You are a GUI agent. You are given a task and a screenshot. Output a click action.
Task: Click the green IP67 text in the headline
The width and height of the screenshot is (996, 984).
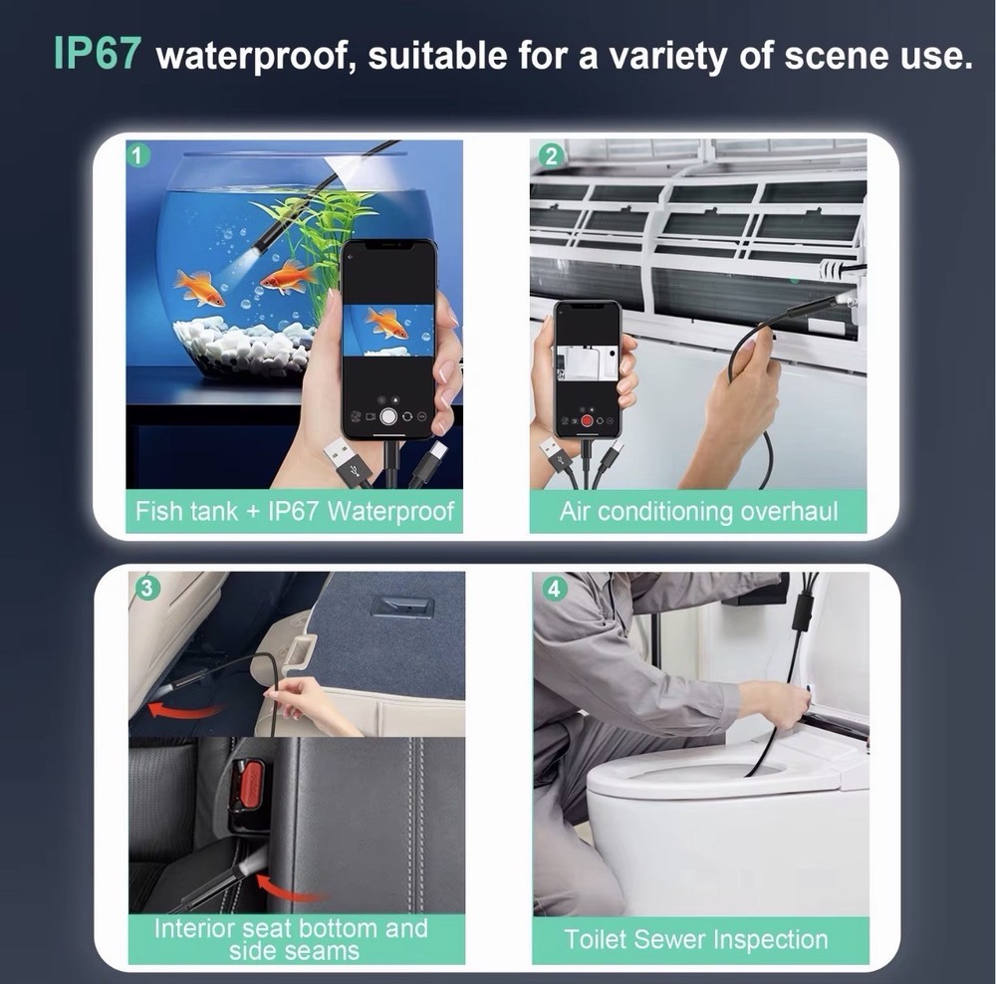click(96, 54)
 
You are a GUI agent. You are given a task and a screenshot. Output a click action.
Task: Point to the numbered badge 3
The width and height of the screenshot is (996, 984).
click(146, 589)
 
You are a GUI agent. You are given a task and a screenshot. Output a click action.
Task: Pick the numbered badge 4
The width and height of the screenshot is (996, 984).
click(554, 590)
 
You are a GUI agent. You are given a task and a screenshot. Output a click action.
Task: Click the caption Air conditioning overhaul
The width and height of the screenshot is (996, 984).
click(699, 511)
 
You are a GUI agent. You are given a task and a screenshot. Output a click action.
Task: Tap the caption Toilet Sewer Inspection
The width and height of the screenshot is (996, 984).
click(696, 939)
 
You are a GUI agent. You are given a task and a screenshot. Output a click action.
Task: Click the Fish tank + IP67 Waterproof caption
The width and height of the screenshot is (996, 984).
click(295, 511)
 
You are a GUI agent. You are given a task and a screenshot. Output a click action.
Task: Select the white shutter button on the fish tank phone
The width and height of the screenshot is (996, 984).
click(388, 416)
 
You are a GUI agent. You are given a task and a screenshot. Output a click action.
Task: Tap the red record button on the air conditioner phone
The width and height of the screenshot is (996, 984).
click(587, 420)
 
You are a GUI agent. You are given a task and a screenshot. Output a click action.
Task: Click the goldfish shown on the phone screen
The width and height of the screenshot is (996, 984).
click(384, 322)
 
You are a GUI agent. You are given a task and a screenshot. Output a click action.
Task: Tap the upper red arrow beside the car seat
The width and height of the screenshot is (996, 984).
click(184, 708)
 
